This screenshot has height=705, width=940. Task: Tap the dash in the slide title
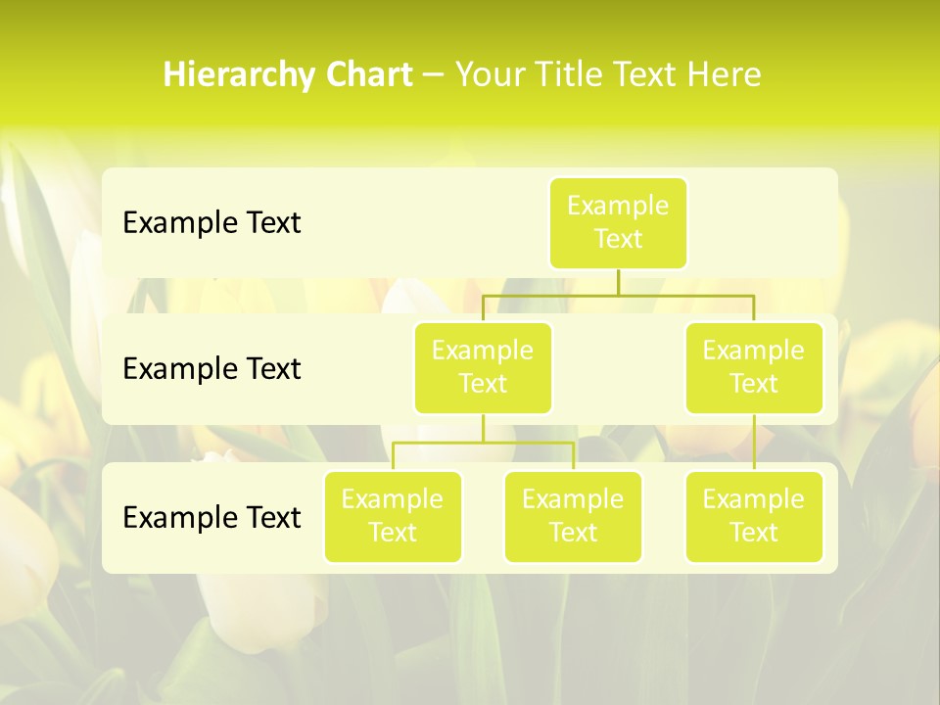click(x=434, y=75)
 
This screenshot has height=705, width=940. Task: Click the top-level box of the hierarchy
click(x=618, y=222)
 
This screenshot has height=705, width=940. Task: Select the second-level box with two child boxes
click(x=483, y=367)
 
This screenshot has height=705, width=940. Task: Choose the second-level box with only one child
click(x=754, y=367)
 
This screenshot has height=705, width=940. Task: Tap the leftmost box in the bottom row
click(x=393, y=516)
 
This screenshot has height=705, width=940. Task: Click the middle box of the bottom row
click(x=573, y=516)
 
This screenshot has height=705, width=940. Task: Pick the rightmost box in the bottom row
click(x=754, y=516)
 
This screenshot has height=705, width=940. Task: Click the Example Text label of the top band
click(x=211, y=223)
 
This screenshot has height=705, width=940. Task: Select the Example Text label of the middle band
click(x=211, y=369)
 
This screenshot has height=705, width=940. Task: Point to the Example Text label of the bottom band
click(x=211, y=518)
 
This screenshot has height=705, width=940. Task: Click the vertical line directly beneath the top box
click(x=618, y=282)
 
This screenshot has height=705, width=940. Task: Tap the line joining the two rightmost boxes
click(x=754, y=442)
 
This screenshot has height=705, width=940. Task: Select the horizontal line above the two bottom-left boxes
click(x=483, y=443)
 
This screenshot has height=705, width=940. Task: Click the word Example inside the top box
click(x=618, y=207)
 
